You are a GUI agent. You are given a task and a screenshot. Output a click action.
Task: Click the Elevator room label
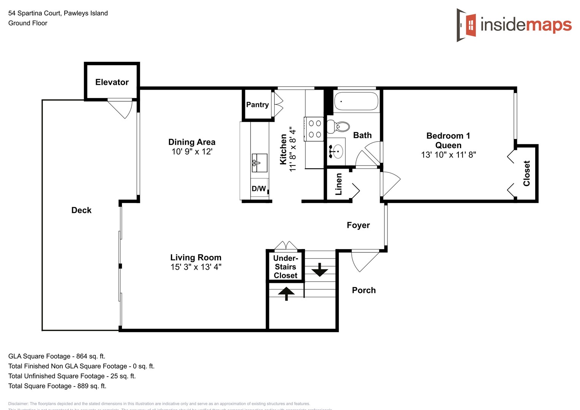tap(112, 82)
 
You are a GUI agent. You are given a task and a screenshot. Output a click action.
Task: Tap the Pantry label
tap(257, 104)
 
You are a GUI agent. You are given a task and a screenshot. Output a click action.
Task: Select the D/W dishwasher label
tap(259, 189)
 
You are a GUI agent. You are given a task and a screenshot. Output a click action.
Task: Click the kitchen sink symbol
tap(259, 162)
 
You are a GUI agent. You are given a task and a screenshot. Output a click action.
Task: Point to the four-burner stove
tap(314, 129)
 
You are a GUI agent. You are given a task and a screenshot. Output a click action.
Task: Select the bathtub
tap(356, 101)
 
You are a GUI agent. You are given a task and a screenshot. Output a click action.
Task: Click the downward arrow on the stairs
tap(319, 270)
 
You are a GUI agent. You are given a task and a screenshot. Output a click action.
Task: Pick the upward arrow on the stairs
tap(286, 293)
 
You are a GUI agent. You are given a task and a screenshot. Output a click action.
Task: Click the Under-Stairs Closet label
tap(285, 267)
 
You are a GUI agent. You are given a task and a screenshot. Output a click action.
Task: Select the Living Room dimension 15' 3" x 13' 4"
tap(196, 267)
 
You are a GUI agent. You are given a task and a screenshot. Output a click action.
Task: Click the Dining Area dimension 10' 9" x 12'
tap(192, 151)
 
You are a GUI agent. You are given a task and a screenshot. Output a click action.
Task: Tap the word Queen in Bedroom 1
tap(448, 145)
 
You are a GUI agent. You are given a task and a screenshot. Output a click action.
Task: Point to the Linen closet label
tap(338, 184)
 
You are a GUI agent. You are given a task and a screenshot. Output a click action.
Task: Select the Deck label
tap(81, 210)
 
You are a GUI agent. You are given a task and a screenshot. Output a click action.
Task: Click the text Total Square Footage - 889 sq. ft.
tap(57, 386)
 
